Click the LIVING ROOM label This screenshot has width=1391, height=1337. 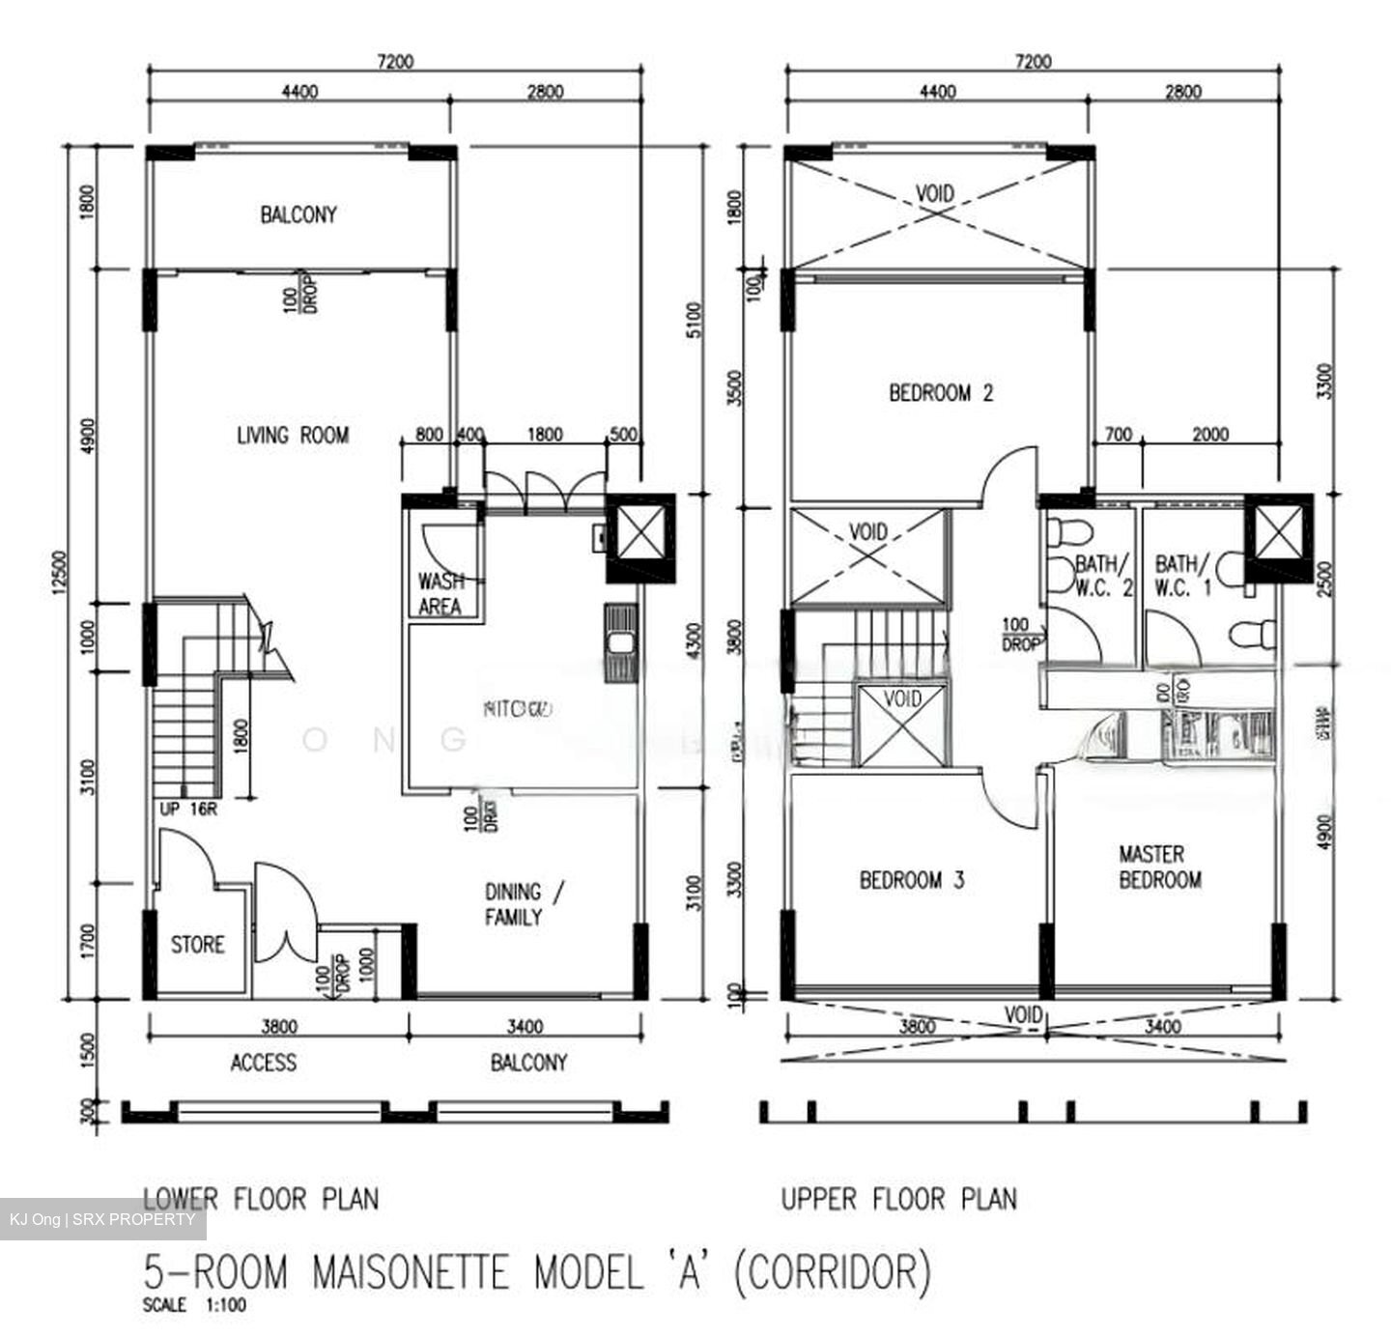point(292,436)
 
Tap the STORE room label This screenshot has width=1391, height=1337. point(197,944)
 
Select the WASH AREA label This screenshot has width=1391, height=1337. point(440,594)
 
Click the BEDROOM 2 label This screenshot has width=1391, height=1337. point(940,393)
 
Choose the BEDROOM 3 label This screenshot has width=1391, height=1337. point(911,880)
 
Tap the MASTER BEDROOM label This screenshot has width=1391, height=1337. point(1159,867)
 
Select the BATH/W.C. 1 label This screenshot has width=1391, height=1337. point(1182,575)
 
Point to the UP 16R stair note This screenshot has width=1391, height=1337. point(188,810)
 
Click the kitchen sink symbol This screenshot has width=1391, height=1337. point(619,642)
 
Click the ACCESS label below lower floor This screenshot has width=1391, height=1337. point(263,1063)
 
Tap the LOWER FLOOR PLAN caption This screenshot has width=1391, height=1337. point(261,1199)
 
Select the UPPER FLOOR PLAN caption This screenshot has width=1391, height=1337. point(898,1199)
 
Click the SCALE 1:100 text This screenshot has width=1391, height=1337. point(194,1305)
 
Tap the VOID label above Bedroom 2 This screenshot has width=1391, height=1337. point(934,193)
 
